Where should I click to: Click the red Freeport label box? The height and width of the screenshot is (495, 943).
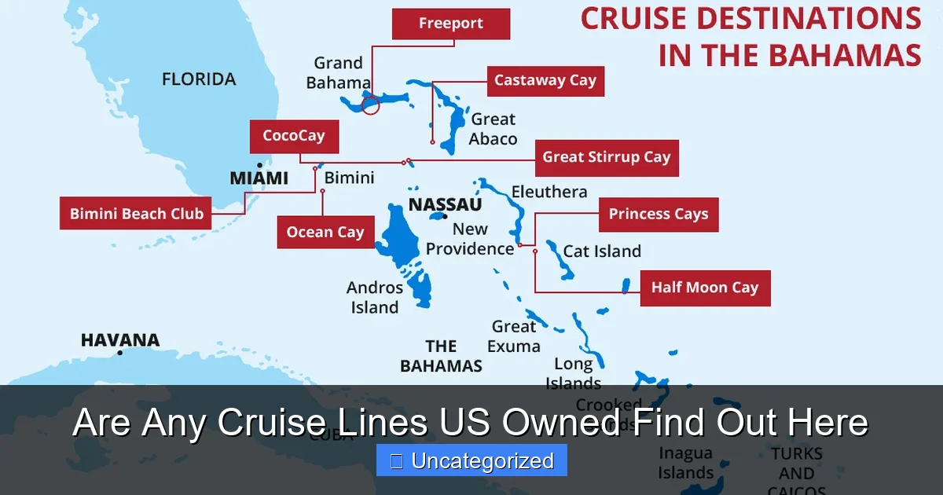pyautogui.click(x=451, y=24)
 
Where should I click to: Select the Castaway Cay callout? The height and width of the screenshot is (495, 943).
pyautogui.click(x=545, y=81)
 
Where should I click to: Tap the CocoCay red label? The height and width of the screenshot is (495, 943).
pyautogui.click(x=294, y=137)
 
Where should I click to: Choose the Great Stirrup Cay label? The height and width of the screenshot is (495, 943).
pyautogui.click(x=606, y=157)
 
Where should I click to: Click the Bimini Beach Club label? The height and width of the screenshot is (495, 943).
pyautogui.click(x=136, y=214)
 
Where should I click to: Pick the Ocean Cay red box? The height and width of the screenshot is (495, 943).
pyautogui.click(x=325, y=233)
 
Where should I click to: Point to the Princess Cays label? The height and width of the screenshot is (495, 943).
pyautogui.click(x=658, y=214)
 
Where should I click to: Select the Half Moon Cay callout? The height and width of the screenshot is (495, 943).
pyautogui.click(x=704, y=288)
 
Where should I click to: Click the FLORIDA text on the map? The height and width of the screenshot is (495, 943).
pyautogui.click(x=199, y=79)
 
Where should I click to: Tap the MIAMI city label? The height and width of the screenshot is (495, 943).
pyautogui.click(x=259, y=179)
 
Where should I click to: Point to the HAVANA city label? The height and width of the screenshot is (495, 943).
pyautogui.click(x=120, y=340)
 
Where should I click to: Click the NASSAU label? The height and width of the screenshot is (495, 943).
pyautogui.click(x=445, y=205)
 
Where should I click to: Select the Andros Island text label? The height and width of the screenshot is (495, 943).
pyautogui.click(x=375, y=298)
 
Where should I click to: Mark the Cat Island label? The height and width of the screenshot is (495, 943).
pyautogui.click(x=602, y=251)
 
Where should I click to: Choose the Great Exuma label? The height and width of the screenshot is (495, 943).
pyautogui.click(x=514, y=336)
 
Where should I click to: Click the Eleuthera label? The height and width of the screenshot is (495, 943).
pyautogui.click(x=549, y=192)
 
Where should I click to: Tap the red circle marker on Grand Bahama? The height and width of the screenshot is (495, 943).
pyautogui.click(x=371, y=104)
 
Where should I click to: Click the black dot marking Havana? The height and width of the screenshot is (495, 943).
pyautogui.click(x=120, y=353)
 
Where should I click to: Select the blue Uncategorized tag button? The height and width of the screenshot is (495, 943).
pyautogui.click(x=472, y=461)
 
